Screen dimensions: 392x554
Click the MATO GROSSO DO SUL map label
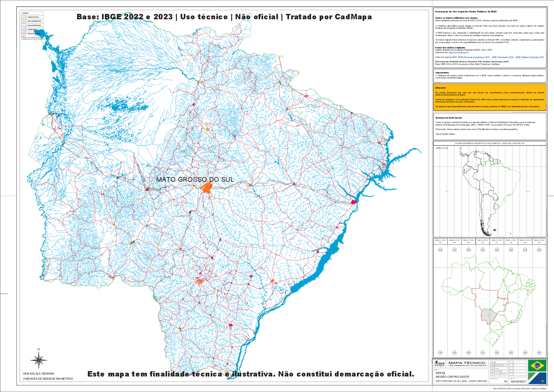(195, 180)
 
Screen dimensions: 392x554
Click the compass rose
(39, 360)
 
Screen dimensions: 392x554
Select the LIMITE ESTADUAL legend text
(33, 17)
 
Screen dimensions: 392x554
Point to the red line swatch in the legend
(24, 33)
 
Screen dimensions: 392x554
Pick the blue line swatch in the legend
(24, 29)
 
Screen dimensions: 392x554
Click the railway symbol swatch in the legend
(24, 25)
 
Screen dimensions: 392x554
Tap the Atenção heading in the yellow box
(441, 88)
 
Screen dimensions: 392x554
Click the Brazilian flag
(537, 365)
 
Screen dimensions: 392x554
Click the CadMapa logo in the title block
(440, 364)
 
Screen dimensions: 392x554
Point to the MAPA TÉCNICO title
(467, 363)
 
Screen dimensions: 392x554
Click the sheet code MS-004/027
(518, 382)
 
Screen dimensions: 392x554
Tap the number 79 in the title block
(505, 382)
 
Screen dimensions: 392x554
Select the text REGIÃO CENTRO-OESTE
(453, 377)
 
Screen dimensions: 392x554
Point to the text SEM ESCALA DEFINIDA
(39, 374)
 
